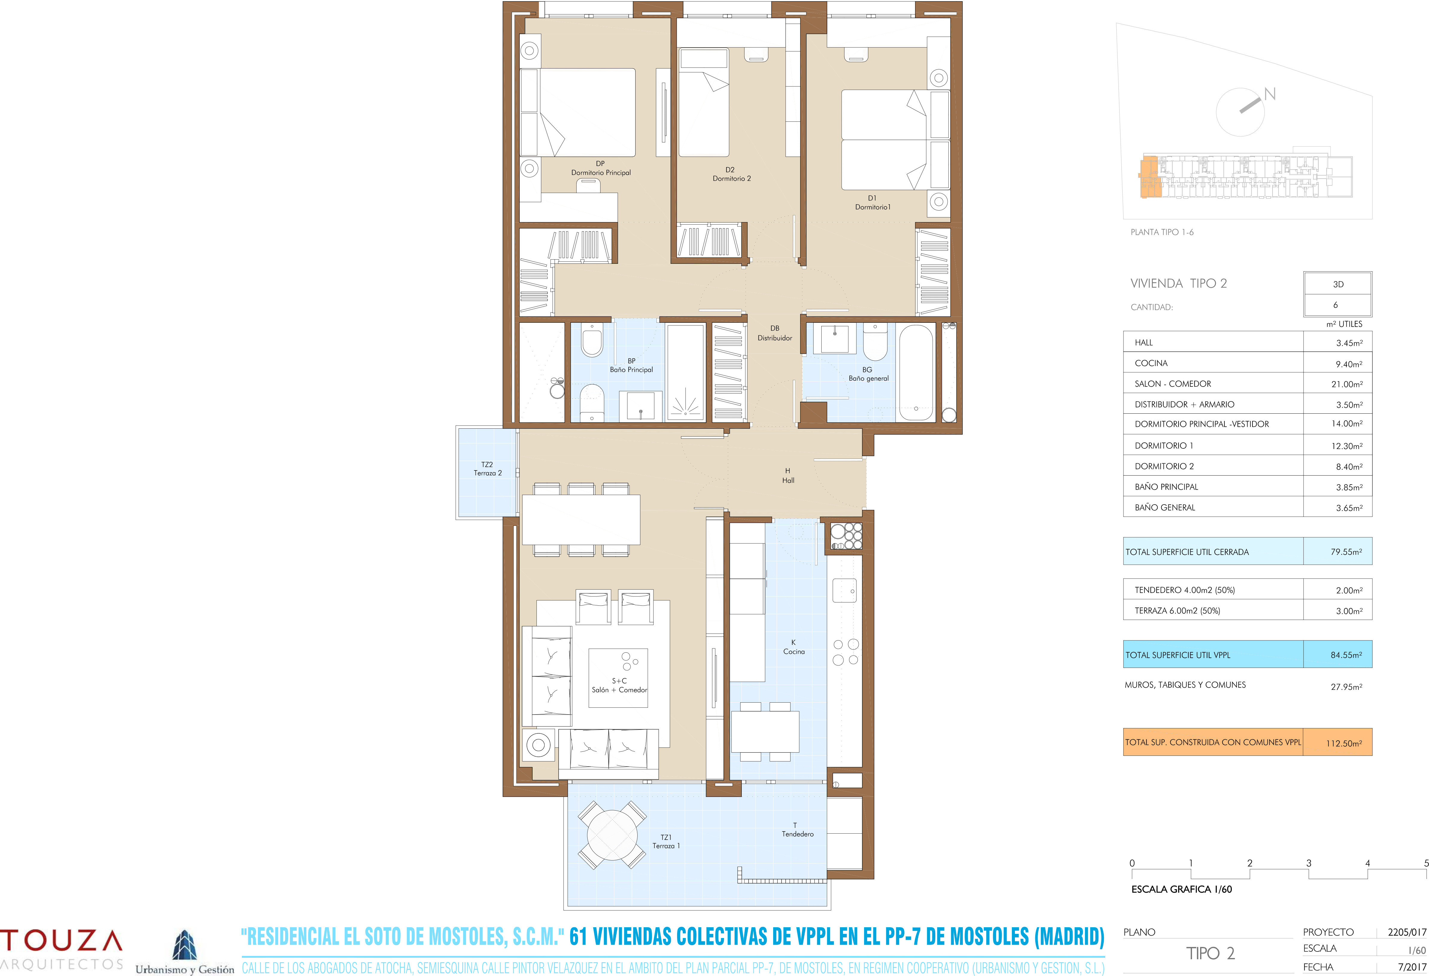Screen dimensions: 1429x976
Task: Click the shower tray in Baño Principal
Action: pyautogui.click(x=685, y=373)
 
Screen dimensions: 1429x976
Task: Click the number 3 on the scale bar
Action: pyautogui.click(x=1308, y=863)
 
